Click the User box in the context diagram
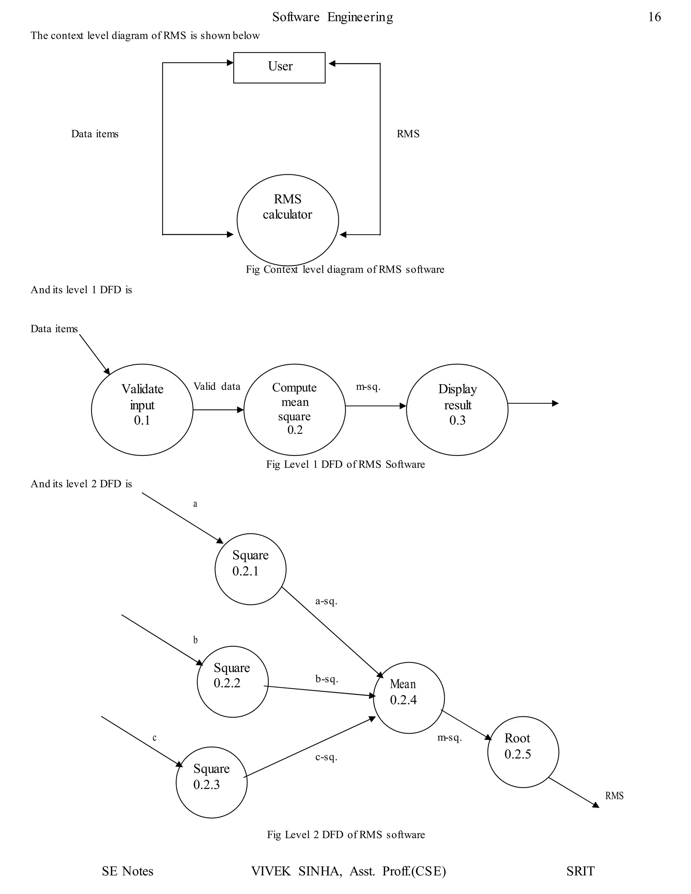[x=279, y=67]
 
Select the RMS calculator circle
[x=287, y=220]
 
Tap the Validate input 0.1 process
[x=142, y=409]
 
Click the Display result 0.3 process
[x=457, y=409]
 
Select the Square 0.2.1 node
[x=251, y=569]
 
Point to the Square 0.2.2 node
[x=232, y=681]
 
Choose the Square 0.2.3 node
[x=212, y=782]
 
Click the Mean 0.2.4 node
[x=409, y=698]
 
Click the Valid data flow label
[x=217, y=386]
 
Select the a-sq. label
[x=326, y=601]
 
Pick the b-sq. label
[x=326, y=679]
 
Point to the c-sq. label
[x=326, y=757]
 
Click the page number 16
[x=654, y=17]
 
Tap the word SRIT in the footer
[x=580, y=871]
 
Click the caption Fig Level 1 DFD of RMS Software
[x=345, y=464]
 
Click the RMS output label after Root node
[x=614, y=796]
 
